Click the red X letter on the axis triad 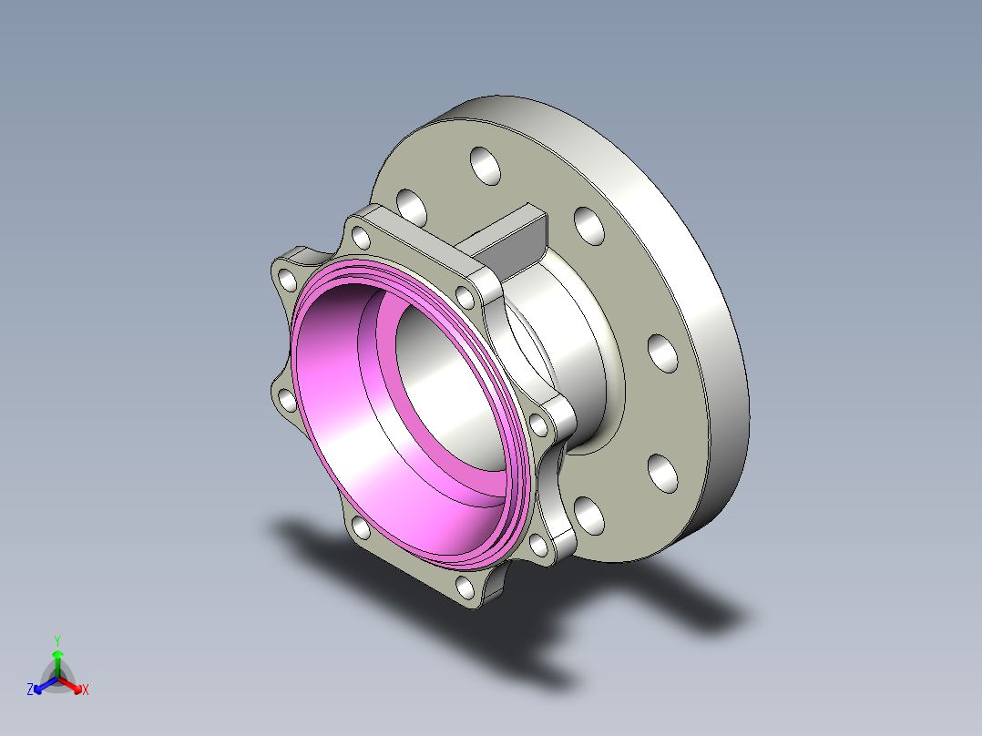(x=86, y=690)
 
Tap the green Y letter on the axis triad (x=56, y=639)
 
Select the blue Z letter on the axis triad (x=30, y=690)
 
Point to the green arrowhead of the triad (x=56, y=655)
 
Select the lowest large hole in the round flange (x=589, y=516)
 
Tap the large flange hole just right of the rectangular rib (x=588, y=225)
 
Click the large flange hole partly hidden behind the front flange (x=412, y=207)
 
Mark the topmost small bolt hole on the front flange (x=362, y=239)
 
